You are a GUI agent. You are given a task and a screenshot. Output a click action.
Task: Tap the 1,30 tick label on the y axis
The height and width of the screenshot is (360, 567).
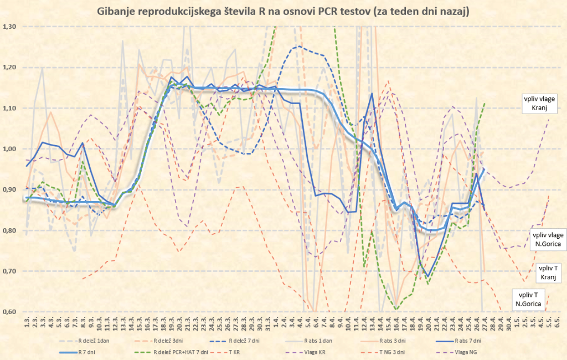coord(10,27)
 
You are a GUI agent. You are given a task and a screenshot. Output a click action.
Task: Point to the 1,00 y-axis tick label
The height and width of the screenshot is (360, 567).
coord(10,149)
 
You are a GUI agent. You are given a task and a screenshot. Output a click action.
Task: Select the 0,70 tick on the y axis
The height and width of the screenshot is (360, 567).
coord(10,271)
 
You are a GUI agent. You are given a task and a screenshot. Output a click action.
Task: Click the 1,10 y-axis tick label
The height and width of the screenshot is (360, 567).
coord(10,108)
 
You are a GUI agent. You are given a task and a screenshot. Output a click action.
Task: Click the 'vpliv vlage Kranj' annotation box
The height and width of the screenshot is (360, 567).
coord(535,103)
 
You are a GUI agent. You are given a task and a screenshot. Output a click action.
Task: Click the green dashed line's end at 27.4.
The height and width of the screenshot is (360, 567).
coord(484,104)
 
